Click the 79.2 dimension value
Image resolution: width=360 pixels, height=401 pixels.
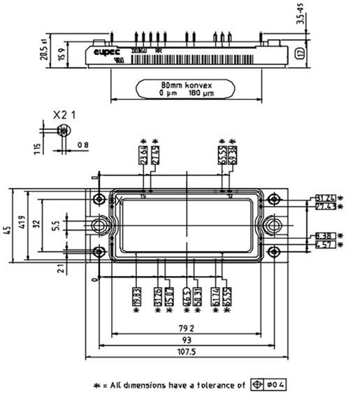(x=186, y=326)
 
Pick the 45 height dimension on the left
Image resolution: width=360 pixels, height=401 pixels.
(x=6, y=231)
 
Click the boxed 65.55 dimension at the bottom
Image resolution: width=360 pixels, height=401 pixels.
(x=227, y=294)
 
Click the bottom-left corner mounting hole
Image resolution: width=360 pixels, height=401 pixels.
(x=99, y=252)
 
